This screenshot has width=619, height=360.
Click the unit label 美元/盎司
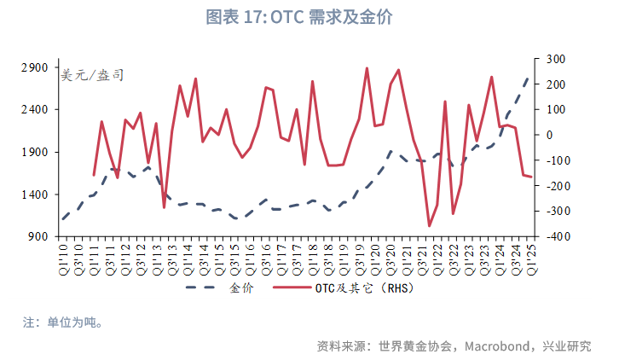click(x=92, y=75)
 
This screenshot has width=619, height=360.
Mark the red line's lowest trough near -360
click(x=430, y=226)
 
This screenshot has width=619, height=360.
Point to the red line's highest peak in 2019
click(x=367, y=68)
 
